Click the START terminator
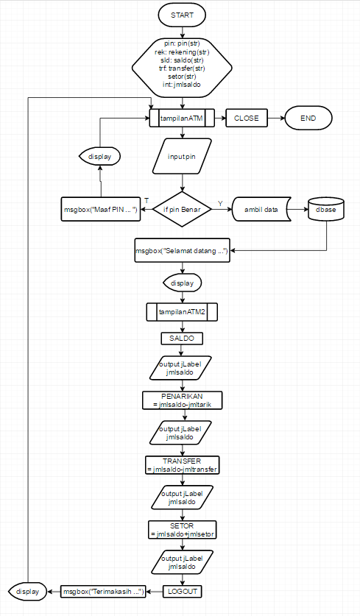point(182,15)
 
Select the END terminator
point(307,118)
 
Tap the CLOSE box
point(247,118)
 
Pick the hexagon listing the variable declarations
point(182,68)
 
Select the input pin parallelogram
point(182,157)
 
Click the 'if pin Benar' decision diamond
point(182,210)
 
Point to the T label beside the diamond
point(147,201)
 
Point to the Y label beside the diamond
point(219,201)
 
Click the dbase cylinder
point(326,210)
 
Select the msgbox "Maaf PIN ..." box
point(99,210)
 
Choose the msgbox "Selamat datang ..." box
point(182,251)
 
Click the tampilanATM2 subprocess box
point(182,312)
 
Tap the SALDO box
point(182,338)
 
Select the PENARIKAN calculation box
point(182,400)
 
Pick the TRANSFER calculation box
point(182,464)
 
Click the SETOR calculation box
point(182,529)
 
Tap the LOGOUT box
point(182,590)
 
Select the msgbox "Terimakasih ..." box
point(102,590)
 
